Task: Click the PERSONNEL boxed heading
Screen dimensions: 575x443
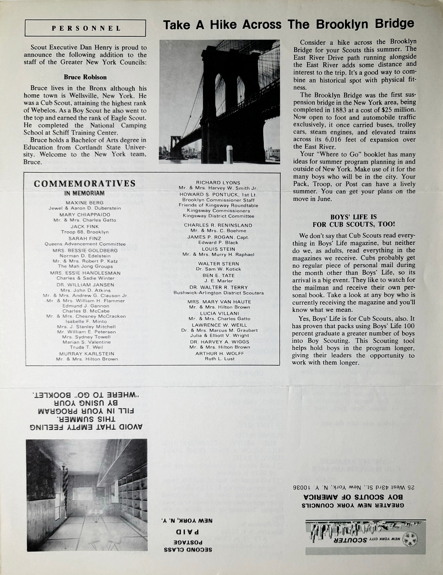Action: click(86, 28)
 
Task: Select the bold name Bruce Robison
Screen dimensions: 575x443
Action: click(85, 77)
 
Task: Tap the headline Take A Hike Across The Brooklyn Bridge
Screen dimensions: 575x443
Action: click(289, 25)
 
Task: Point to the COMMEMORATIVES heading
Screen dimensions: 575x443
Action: click(85, 183)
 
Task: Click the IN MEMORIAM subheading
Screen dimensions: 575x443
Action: click(85, 194)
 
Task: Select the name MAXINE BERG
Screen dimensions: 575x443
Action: click(85, 202)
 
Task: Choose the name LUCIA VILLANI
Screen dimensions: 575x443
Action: click(216, 313)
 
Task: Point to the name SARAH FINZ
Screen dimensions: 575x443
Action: click(85, 238)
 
